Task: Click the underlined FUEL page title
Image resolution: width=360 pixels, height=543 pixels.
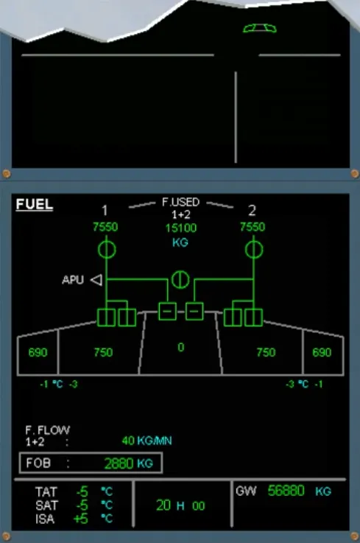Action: (35, 204)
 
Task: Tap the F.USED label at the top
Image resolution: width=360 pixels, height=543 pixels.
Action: (180, 202)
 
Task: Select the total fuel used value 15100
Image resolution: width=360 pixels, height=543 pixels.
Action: (180, 228)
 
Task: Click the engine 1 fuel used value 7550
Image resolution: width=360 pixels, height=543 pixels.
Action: (105, 227)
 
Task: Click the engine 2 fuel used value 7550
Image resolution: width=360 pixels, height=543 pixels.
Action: (253, 227)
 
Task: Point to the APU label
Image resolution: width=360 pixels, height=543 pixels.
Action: (73, 280)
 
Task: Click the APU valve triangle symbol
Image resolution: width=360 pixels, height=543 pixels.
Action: (96, 280)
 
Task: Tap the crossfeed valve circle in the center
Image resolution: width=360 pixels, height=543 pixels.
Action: (180, 279)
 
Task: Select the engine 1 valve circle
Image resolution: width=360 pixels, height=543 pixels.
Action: (107, 249)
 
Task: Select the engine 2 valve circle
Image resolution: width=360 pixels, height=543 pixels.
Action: (254, 249)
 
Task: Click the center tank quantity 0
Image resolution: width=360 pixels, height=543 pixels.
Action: (180, 347)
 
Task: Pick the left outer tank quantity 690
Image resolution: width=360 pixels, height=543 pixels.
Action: (38, 352)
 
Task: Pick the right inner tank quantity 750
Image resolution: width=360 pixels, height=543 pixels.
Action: (266, 352)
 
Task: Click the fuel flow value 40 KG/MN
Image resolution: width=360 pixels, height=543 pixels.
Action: (147, 441)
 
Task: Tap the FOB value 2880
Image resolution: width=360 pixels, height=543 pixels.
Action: (119, 463)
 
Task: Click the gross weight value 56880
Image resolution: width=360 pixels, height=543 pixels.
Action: (286, 491)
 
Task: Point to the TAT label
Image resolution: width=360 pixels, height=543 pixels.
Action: (46, 491)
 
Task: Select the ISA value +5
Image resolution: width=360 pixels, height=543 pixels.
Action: (81, 519)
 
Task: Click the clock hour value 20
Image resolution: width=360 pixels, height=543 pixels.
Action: (163, 505)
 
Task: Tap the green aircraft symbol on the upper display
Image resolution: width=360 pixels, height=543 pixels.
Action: (260, 28)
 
